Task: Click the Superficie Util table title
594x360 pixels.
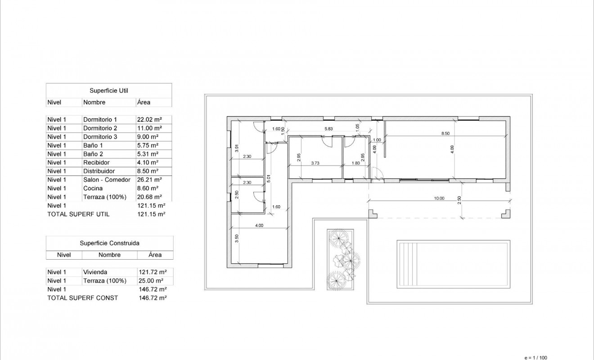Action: tap(108, 90)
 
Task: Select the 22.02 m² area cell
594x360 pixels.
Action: tap(149, 120)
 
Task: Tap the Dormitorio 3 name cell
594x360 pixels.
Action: tap(100, 137)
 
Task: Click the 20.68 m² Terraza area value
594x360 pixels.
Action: tap(149, 197)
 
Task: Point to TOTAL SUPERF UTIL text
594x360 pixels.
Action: tap(78, 214)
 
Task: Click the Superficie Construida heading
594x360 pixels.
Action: tap(109, 243)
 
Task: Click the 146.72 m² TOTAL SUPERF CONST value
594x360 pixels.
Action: tap(153, 298)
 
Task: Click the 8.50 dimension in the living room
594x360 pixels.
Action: tap(445, 134)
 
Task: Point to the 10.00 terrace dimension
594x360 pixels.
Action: tap(439, 198)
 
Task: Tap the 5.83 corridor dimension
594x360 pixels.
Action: tap(329, 129)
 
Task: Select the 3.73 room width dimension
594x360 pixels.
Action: tap(315, 164)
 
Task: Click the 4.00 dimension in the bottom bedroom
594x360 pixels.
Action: tap(259, 225)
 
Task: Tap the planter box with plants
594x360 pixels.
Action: tap(341, 259)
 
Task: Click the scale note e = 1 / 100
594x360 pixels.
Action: tap(535, 357)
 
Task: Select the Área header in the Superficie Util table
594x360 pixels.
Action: tap(144, 102)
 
